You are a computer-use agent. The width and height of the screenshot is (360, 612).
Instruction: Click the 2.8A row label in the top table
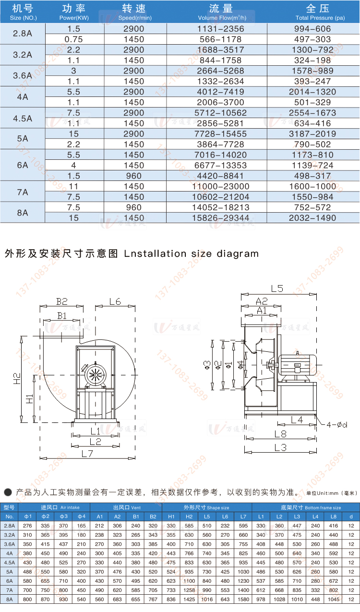coord(23,34)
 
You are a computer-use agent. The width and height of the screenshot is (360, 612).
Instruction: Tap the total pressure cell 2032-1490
coord(312,218)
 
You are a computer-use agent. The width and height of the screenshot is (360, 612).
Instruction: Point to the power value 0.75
coord(74,39)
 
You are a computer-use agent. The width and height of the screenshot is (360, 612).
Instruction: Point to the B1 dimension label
coord(62,316)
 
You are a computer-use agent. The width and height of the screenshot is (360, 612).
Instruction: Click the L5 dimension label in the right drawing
coord(277,288)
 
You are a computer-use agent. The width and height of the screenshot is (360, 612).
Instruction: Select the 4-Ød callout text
coord(337,425)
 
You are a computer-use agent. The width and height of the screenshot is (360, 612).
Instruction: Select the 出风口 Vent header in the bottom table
coord(126,507)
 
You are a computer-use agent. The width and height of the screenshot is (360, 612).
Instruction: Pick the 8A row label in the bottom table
coord(9,599)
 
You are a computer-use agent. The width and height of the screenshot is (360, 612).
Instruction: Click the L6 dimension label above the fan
coord(115,301)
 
